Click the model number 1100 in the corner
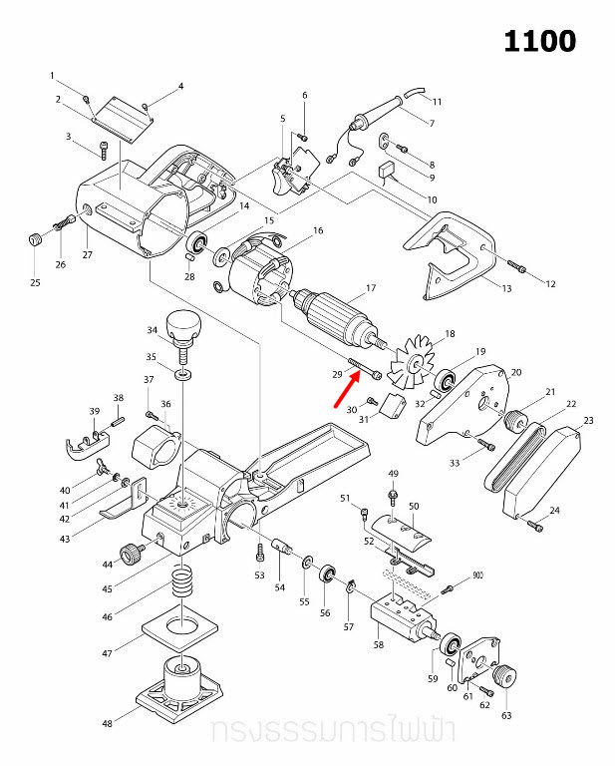(x=539, y=41)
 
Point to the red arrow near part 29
(x=345, y=387)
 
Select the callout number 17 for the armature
(x=370, y=289)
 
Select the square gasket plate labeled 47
(x=181, y=628)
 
